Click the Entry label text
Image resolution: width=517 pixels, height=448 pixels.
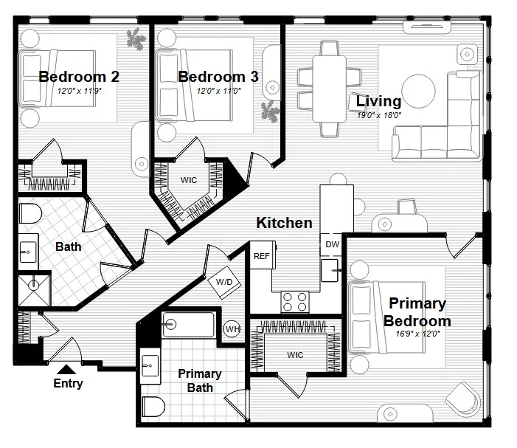[x=68, y=383]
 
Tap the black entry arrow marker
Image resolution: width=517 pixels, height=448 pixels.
[x=66, y=369]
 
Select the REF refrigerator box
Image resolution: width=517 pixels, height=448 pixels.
[x=261, y=257]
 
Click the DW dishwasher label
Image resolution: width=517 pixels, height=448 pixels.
[x=331, y=245]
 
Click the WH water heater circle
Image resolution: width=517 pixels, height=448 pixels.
[x=232, y=328]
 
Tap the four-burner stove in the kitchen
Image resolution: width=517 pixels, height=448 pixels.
[x=296, y=301]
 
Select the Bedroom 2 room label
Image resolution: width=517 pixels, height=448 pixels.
[x=79, y=77]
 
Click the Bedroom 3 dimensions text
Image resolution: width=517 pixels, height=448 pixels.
[x=218, y=91]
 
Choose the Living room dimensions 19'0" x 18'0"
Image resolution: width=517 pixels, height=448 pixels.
[x=378, y=115]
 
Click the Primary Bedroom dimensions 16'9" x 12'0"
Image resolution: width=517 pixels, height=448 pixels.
[x=417, y=334]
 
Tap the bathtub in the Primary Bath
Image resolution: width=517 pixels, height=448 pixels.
[x=188, y=325]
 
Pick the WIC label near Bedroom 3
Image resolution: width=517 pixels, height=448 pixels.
[x=188, y=179]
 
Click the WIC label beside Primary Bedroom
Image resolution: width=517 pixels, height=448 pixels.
[x=296, y=355]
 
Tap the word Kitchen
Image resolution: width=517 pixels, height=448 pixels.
[x=284, y=222]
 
